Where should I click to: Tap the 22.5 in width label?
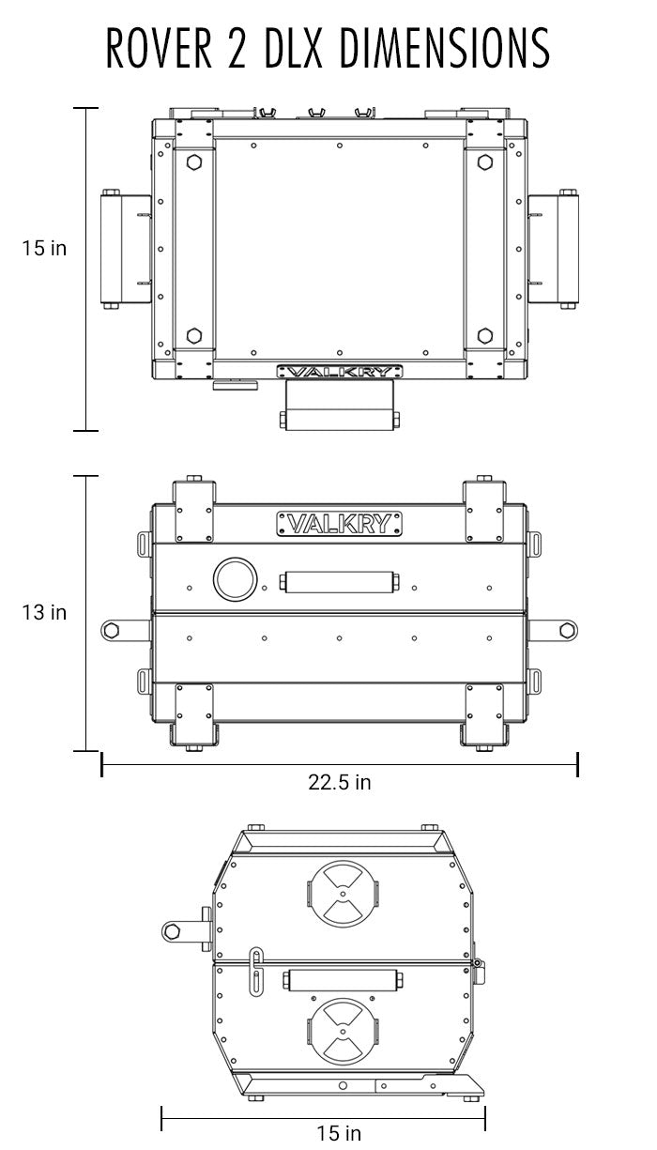click(x=340, y=782)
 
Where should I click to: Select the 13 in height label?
click(x=45, y=612)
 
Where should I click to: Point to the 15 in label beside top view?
click(x=45, y=249)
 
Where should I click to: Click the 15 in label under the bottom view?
click(x=339, y=1133)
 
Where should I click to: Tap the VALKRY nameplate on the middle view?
click(x=340, y=523)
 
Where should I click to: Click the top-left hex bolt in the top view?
click(x=194, y=161)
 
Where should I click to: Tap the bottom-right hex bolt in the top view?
click(x=485, y=335)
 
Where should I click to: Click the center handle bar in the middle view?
click(x=339, y=582)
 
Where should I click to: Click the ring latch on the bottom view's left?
click(x=172, y=930)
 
